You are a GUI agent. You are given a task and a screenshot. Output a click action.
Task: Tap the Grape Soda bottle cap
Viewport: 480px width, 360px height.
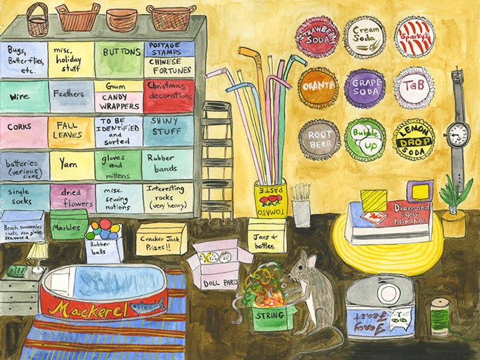point(365,88)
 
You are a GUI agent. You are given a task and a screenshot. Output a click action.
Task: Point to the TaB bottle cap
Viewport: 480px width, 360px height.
point(414,88)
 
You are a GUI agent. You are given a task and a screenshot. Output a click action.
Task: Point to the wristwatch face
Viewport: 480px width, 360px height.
point(458,134)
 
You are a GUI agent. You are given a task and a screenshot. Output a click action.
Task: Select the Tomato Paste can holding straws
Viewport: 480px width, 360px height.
point(270,202)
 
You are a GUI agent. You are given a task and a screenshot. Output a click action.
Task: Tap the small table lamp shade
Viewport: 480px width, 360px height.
point(37,250)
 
